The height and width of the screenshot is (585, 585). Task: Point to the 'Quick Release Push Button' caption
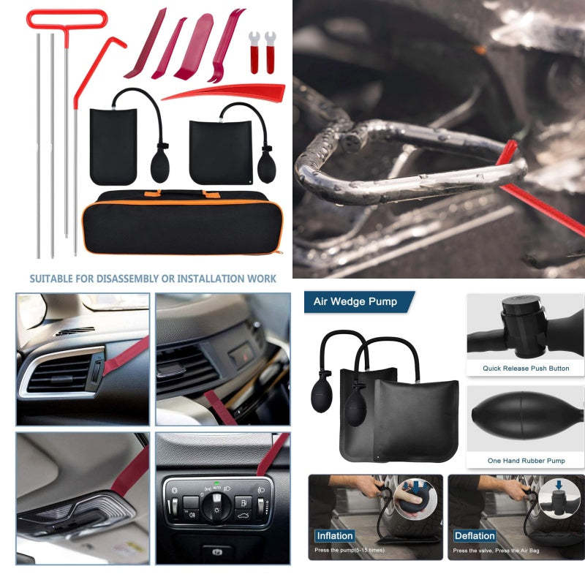click(x=526, y=368)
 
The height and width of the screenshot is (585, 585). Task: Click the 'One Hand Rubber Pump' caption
click(x=526, y=461)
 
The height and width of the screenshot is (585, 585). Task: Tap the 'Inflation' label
click(x=335, y=536)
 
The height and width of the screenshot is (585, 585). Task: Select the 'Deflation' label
click(x=475, y=536)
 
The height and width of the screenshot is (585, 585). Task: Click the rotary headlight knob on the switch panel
click(x=216, y=505)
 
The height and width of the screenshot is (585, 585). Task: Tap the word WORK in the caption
click(x=263, y=279)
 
